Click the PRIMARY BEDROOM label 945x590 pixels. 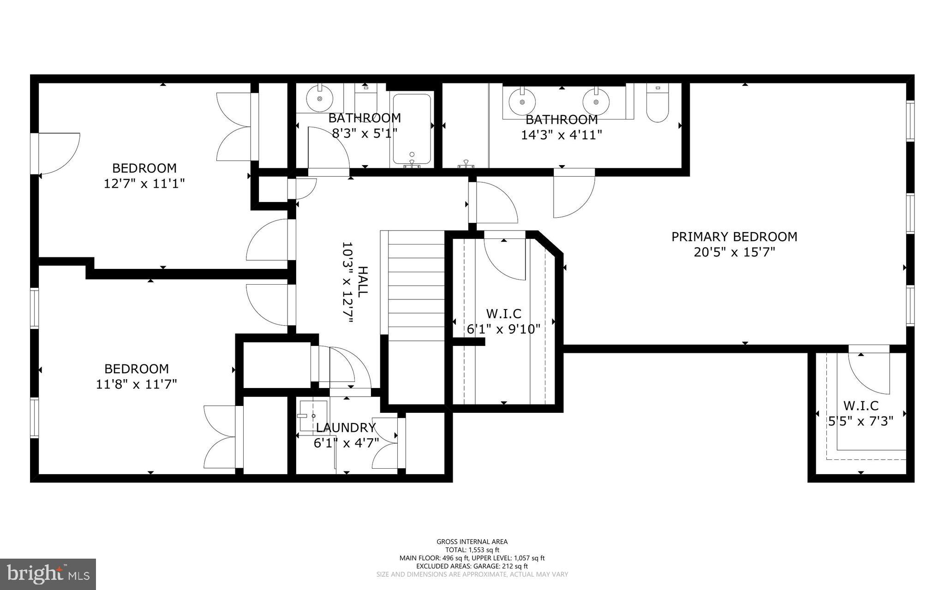[x=734, y=237]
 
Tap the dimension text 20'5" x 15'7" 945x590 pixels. [x=734, y=252]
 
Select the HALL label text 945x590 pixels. [x=363, y=281]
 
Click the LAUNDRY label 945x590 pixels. [x=346, y=428]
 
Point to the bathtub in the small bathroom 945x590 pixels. [x=412, y=129]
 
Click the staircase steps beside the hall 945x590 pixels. [x=416, y=286]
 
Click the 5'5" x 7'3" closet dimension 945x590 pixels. [x=861, y=421]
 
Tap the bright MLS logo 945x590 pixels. [x=48, y=574]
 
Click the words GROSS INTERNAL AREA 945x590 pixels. [x=472, y=542]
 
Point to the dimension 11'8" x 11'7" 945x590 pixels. [x=136, y=384]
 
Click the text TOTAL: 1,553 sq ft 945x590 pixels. [x=472, y=550]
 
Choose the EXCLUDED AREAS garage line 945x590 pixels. [x=472, y=566]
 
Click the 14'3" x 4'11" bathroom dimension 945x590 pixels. [x=561, y=135]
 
